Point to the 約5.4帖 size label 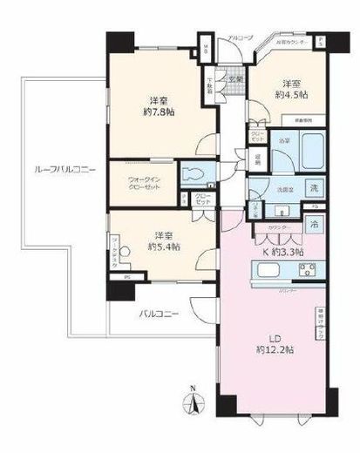click(163, 247)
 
